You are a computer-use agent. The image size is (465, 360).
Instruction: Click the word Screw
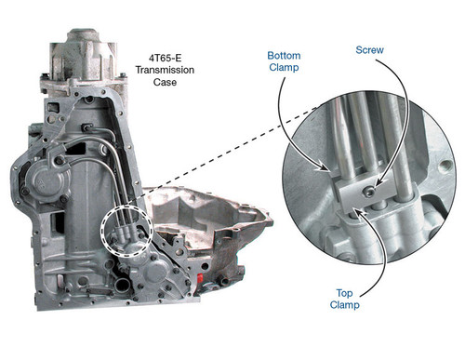(369, 50)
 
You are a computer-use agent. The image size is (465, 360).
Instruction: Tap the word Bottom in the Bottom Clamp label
(284, 56)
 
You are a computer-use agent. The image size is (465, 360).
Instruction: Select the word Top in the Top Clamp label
(344, 293)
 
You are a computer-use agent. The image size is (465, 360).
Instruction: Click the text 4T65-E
(165, 58)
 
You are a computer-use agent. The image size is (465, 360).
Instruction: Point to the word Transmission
(165, 70)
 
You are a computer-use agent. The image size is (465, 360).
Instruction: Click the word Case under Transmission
(165, 82)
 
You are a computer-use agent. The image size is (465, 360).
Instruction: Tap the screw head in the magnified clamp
(369, 192)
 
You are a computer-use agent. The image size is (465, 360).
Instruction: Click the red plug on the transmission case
(200, 278)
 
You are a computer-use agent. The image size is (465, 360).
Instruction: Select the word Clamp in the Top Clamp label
(344, 305)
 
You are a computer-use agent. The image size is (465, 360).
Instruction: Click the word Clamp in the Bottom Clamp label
(284, 67)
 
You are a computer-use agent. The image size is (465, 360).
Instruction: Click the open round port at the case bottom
(123, 284)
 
